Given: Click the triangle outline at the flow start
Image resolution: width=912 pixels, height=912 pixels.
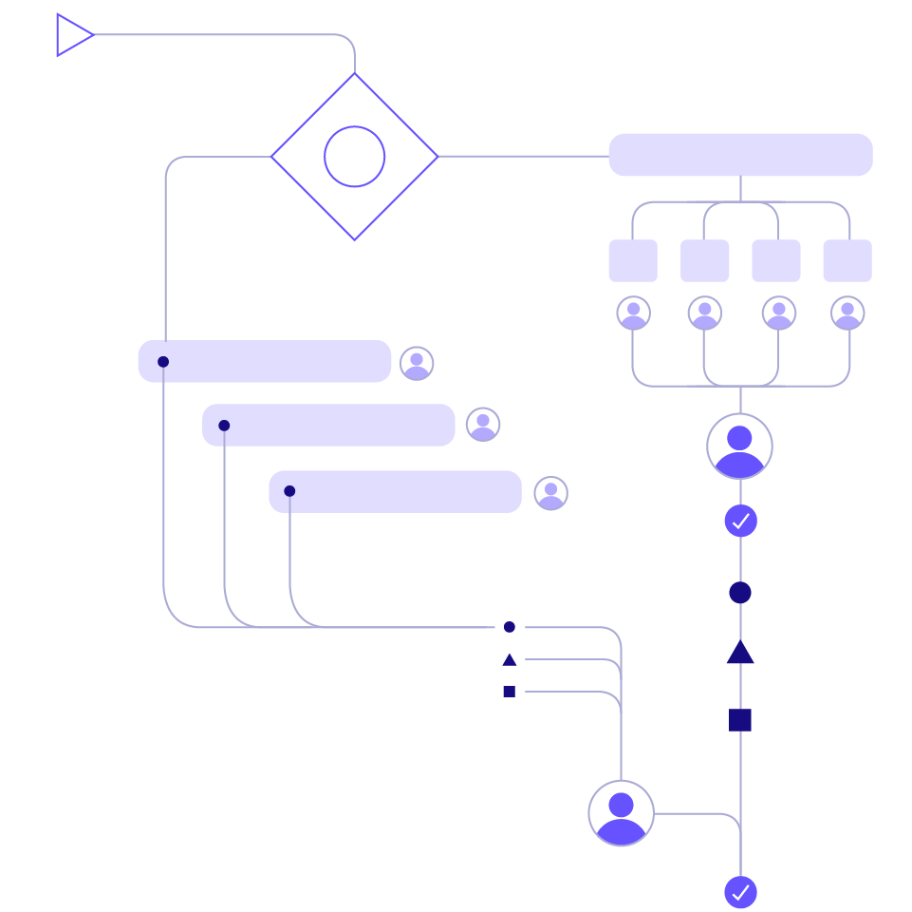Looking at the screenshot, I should (x=72, y=35).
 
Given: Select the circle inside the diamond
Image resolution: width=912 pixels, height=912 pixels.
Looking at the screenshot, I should (x=354, y=156).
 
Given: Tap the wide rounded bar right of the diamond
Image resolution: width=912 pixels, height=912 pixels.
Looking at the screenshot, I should (x=740, y=155).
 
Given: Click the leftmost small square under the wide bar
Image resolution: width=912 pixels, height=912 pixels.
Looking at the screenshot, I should (x=633, y=260).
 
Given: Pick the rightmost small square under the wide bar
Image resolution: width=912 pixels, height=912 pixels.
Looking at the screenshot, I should (x=847, y=260).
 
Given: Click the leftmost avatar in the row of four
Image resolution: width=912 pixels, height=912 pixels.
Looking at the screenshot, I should (x=633, y=313).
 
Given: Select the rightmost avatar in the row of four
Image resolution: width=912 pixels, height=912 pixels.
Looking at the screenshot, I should (x=847, y=313).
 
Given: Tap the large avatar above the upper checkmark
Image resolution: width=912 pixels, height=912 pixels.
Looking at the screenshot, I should (x=739, y=446).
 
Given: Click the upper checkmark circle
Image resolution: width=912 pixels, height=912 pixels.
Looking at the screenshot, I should (x=740, y=521).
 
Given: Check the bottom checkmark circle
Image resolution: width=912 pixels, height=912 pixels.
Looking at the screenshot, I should (x=740, y=892).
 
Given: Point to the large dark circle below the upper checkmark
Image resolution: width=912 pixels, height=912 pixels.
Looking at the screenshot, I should (x=740, y=593).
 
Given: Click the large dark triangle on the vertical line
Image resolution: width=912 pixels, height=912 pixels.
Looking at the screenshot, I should (x=740, y=654).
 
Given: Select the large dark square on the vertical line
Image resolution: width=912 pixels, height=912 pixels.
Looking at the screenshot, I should (x=740, y=720).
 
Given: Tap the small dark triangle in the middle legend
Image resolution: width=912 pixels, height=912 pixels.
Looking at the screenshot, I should (x=510, y=659).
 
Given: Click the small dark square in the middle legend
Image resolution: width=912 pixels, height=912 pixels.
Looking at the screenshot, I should (x=510, y=692).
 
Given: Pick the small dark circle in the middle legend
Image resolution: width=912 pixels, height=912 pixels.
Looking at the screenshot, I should (x=510, y=627).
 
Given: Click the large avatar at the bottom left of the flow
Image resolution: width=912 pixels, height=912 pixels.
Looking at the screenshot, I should (x=621, y=813).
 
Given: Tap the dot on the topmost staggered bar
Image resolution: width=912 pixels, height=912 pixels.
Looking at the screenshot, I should (x=163, y=362).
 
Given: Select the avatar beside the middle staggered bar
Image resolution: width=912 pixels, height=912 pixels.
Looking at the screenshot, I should (x=483, y=425).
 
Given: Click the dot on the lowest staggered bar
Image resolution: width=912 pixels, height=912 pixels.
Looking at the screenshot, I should (x=289, y=491).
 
